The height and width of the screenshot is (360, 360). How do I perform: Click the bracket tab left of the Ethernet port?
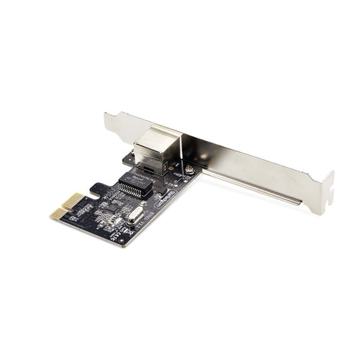pos(115,126)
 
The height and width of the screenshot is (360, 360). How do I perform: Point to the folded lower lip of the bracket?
pos(259,189)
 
